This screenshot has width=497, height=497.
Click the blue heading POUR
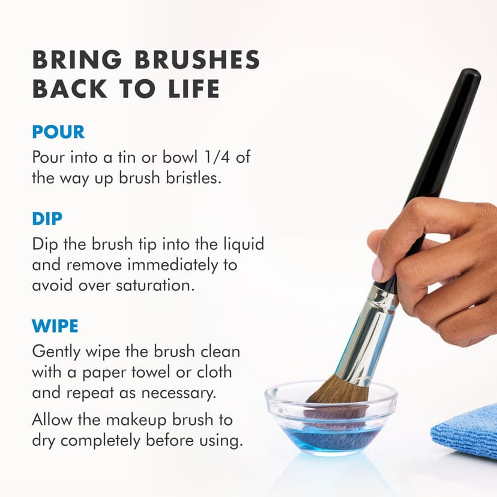tap(58, 133)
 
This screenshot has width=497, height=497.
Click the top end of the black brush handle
tap(469, 77)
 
